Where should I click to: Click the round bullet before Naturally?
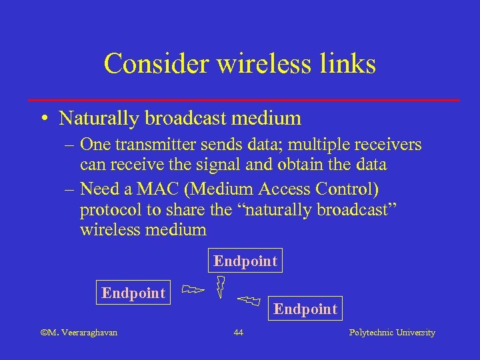tap(43, 119)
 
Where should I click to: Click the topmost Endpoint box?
tap(245, 261)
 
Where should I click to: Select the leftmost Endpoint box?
tap(133, 293)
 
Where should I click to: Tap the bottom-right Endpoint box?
tap(305, 309)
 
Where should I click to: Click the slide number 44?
tap(239, 333)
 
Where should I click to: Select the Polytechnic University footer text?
tap(392, 333)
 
